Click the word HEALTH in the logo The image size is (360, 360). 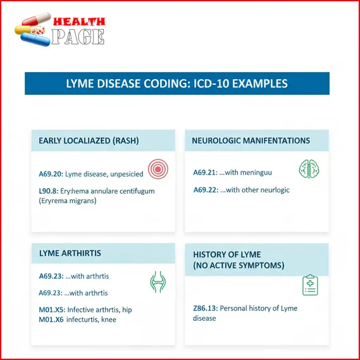[78, 21]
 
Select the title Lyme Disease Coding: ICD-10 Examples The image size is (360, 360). [177, 84]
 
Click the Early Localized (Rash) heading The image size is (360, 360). [89, 140]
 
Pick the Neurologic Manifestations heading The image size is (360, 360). [251, 140]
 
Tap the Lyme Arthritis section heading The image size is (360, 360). [70, 253]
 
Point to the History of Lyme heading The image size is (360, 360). [239, 259]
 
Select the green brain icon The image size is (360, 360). [309, 169]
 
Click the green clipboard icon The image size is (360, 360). [310, 285]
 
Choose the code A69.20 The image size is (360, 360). [51, 172]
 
